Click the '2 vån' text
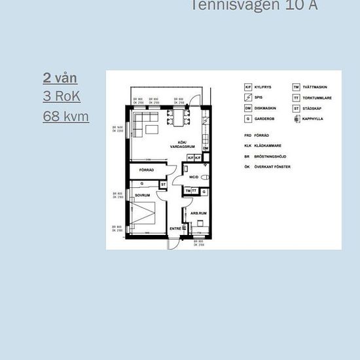60,78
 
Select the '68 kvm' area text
66,117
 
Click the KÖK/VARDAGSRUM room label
179,145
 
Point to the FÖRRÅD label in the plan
147,170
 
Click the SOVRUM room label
143,195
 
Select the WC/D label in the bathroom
193,177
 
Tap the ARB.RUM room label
198,213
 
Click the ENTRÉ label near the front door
175,228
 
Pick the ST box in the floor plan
163,185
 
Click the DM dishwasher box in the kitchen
206,149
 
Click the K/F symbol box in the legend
248,87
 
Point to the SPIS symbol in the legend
248,98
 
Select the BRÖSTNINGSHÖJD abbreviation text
272,157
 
